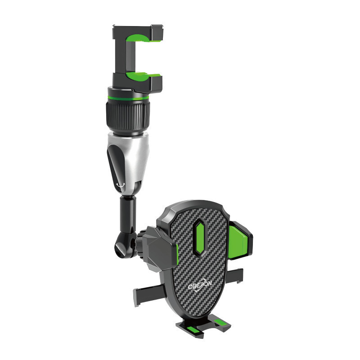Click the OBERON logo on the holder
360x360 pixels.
click(x=200, y=286)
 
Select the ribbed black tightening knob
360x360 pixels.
click(x=128, y=117)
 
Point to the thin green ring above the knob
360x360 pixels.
click(x=128, y=98)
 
